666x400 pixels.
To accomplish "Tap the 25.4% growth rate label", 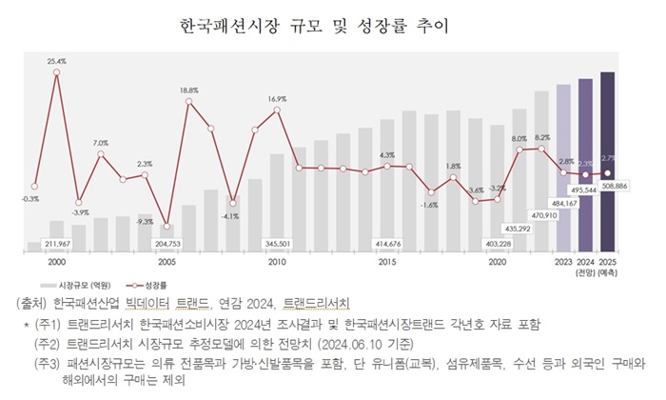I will click(x=56, y=61).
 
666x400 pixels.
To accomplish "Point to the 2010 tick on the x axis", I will click(x=277, y=261).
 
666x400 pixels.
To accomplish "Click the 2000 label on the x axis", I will click(x=56, y=261).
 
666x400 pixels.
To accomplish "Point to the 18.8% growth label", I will click(x=188, y=90).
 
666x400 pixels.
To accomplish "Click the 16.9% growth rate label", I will click(x=277, y=99).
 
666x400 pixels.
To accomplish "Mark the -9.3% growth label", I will click(x=145, y=221).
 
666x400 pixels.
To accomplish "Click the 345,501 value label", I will click(x=277, y=244).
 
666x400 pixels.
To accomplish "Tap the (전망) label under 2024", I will click(x=585, y=271).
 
